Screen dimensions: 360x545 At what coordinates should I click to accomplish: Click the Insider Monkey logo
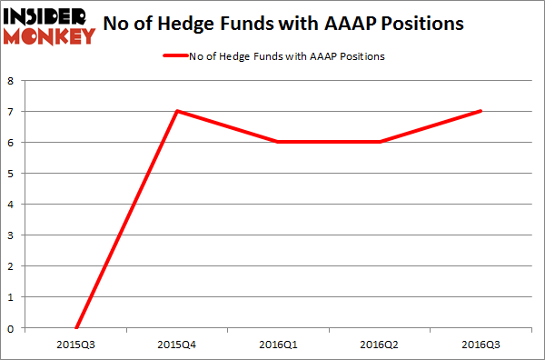pyautogui.click(x=50, y=25)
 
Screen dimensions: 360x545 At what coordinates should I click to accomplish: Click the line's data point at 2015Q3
pyautogui.click(x=76, y=327)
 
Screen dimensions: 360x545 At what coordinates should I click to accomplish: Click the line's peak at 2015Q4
pyautogui.click(x=176, y=111)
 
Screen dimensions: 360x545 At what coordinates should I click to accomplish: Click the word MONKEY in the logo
pyautogui.click(x=50, y=36)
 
